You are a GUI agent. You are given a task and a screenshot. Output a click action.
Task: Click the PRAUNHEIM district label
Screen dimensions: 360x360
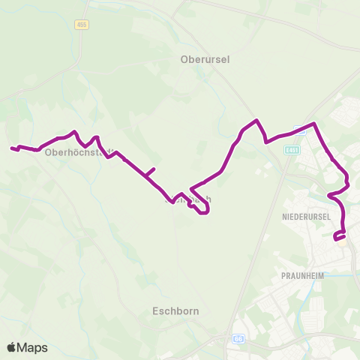point(302,275)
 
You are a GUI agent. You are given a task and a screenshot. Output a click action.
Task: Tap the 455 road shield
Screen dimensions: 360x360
point(82,25)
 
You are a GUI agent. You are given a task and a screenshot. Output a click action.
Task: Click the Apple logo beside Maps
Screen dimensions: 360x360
point(12,347)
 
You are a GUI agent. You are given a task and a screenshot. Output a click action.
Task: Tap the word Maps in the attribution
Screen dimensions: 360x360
point(33,347)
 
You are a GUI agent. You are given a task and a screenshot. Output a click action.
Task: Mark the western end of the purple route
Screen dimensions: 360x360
point(12,148)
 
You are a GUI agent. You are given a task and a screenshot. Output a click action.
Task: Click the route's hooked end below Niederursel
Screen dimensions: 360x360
point(334,238)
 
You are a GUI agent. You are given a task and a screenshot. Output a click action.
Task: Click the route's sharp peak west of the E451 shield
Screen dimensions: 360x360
point(257,120)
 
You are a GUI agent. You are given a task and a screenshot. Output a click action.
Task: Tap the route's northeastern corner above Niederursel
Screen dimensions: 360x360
point(314,124)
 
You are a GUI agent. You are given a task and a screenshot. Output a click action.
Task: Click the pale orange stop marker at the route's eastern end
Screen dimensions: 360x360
point(342,241)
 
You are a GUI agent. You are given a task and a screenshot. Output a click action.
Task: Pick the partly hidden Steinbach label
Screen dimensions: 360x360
point(187,199)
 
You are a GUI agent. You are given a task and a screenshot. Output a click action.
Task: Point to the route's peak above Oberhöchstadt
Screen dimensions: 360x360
point(74,132)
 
